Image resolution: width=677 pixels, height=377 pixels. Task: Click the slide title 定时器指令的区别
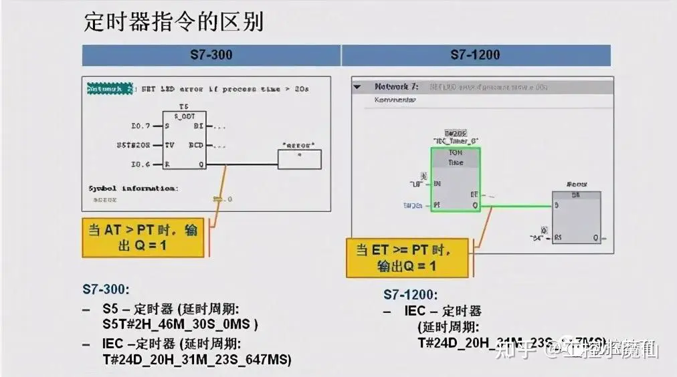(x=174, y=22)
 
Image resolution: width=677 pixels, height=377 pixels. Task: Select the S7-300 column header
(x=211, y=55)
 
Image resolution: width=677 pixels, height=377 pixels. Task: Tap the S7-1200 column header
(x=475, y=55)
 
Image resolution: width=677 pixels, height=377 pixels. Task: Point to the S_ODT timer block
(x=184, y=140)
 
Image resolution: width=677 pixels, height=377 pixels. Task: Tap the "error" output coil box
(x=299, y=159)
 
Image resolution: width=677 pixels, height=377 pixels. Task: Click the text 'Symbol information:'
(x=133, y=188)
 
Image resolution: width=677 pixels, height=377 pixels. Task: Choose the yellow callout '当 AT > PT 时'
(x=143, y=237)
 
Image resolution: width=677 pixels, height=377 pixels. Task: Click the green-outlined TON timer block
(x=455, y=178)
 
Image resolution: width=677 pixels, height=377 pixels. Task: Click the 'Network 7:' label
(x=396, y=87)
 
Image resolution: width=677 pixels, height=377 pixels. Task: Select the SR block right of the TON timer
(x=576, y=217)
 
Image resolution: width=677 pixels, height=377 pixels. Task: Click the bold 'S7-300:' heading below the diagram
(x=106, y=290)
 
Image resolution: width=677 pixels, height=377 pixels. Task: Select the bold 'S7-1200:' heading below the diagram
(x=410, y=294)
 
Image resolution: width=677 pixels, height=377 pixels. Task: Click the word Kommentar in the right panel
(x=395, y=100)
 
